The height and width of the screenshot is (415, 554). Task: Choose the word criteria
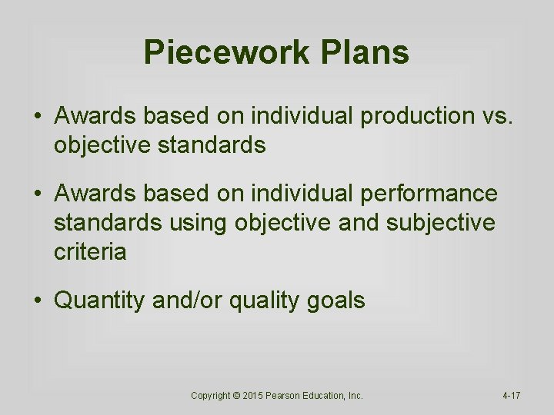coord(89,251)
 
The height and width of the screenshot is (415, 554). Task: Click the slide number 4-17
coord(511,396)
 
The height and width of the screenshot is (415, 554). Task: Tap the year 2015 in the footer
coord(255,396)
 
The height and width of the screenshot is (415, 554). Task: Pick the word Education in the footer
coord(329,396)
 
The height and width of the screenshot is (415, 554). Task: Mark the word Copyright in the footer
coord(210,396)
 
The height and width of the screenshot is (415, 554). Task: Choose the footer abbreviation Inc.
coord(356,396)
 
